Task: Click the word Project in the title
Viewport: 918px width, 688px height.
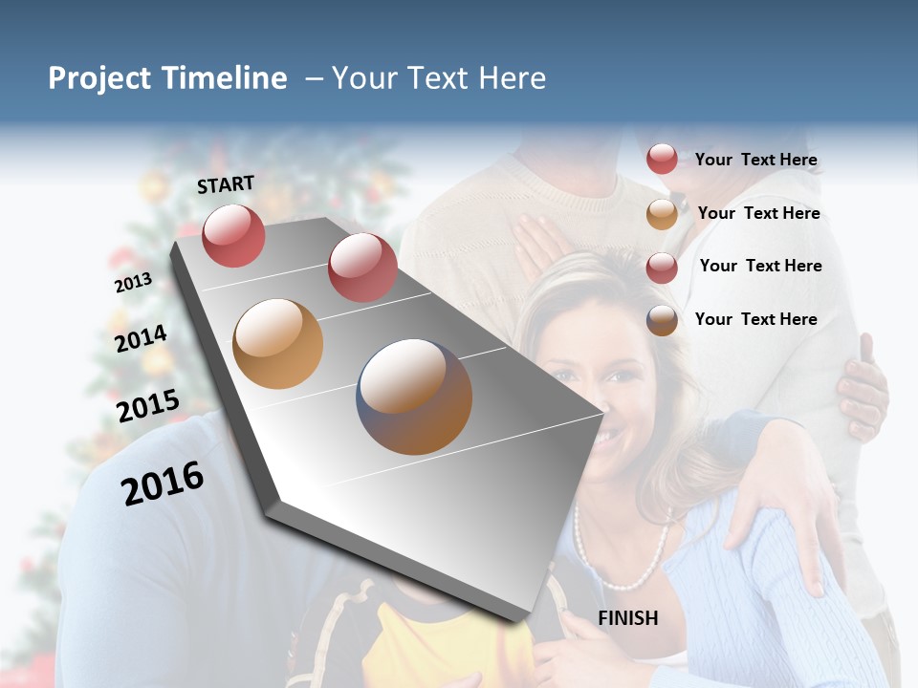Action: click(x=98, y=78)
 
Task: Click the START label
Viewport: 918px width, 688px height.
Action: click(x=226, y=184)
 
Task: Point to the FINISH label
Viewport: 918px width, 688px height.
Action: click(x=628, y=618)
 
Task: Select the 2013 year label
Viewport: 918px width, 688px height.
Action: click(x=133, y=283)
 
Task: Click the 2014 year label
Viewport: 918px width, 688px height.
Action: click(x=141, y=338)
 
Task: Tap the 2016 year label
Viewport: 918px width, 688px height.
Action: click(x=163, y=483)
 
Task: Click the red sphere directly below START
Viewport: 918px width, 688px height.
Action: click(x=233, y=235)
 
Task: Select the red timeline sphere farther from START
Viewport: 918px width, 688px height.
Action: click(x=362, y=267)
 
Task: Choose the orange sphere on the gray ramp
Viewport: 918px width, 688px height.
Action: click(x=278, y=344)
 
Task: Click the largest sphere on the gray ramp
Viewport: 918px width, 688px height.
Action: click(x=414, y=397)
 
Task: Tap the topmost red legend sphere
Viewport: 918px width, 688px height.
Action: click(x=662, y=160)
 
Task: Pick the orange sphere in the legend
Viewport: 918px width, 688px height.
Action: click(x=662, y=214)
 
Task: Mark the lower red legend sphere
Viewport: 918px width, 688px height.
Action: click(x=662, y=268)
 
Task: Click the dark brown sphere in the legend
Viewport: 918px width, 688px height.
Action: click(x=662, y=320)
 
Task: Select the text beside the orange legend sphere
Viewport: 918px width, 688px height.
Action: click(x=758, y=213)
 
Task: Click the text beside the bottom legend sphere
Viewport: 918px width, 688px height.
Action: click(x=755, y=319)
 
